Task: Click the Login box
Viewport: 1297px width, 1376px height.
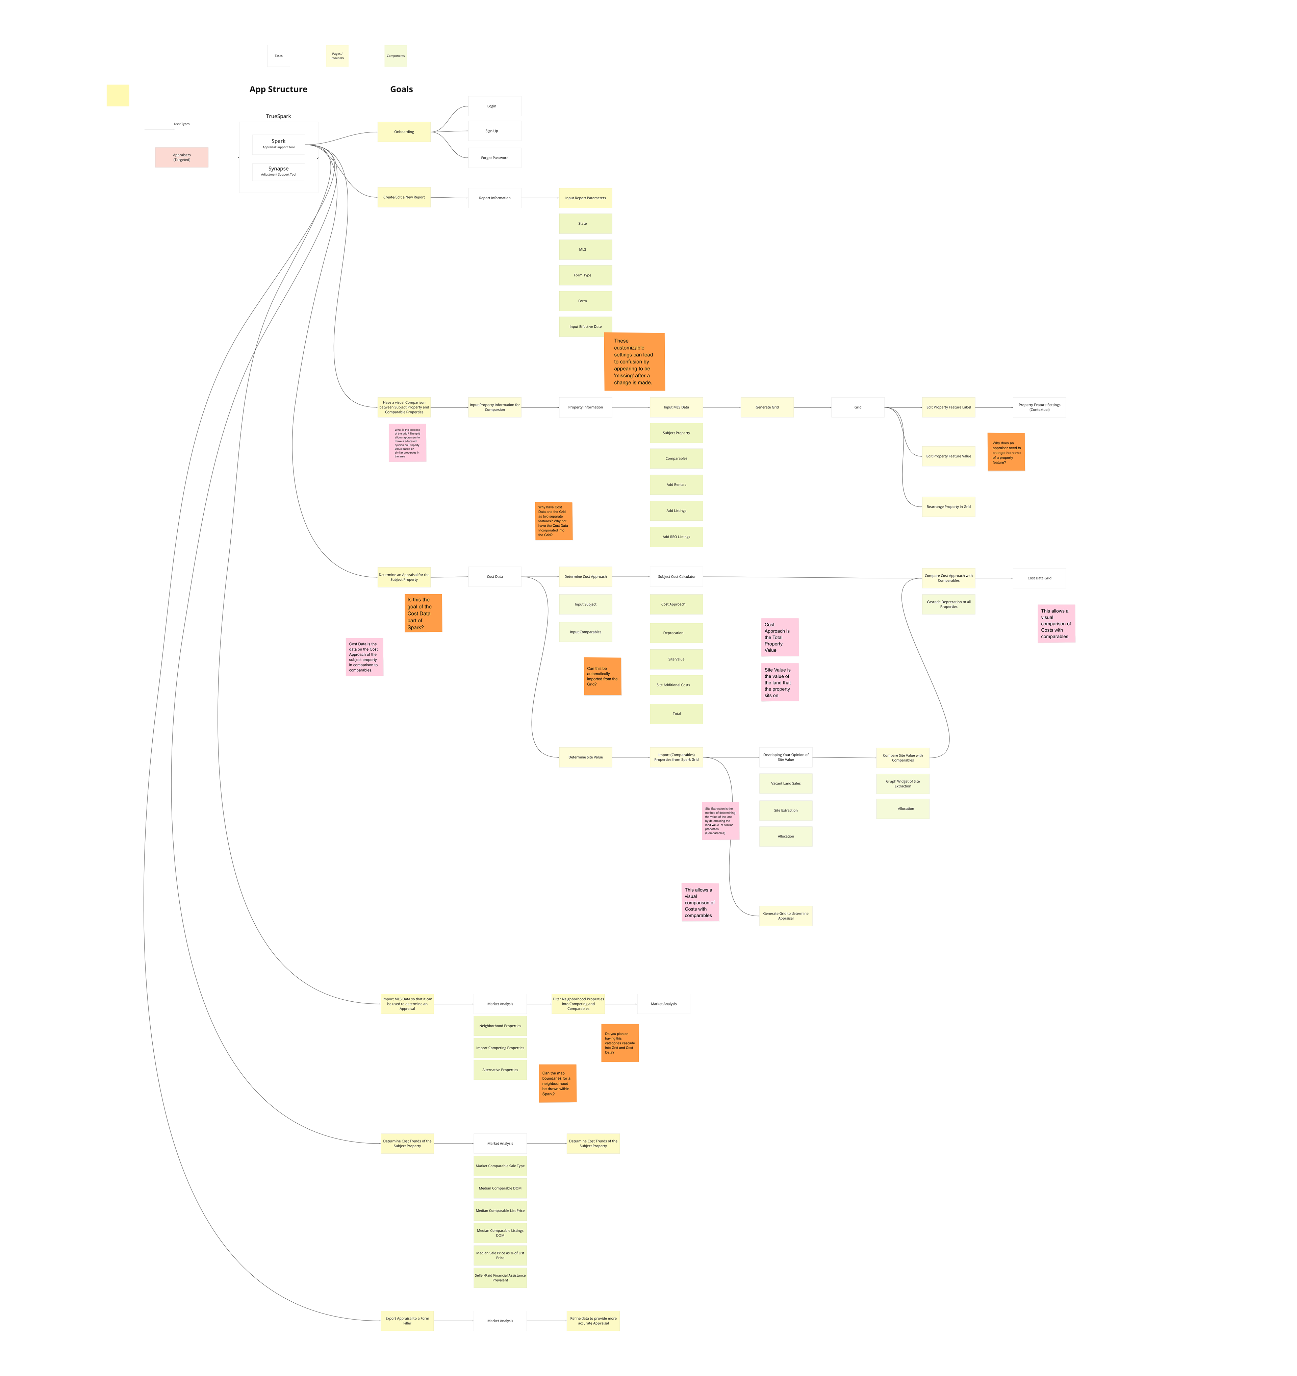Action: point(494,106)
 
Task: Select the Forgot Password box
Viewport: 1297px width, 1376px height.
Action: point(494,158)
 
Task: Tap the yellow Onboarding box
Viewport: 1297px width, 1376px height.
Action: point(404,131)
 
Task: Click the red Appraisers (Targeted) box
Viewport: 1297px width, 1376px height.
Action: point(181,157)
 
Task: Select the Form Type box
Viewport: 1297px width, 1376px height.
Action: point(585,275)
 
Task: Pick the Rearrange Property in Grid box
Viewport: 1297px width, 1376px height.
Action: point(948,507)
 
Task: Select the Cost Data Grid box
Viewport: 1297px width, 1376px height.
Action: point(1039,578)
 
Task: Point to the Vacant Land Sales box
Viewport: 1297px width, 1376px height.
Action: point(786,783)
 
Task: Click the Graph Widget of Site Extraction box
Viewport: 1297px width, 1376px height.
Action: point(902,783)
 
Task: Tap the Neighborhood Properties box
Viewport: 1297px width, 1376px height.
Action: point(500,1026)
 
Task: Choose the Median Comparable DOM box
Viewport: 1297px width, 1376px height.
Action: point(500,1189)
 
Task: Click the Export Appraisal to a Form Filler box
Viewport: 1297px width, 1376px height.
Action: point(407,1321)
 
